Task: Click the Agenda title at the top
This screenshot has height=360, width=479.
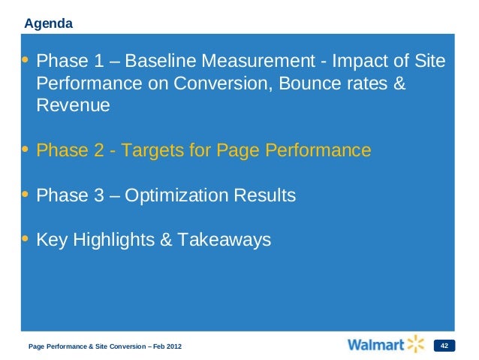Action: tap(48, 24)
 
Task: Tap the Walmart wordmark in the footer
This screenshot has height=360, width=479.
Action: tap(375, 345)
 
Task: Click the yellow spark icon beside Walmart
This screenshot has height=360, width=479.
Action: tap(416, 344)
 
